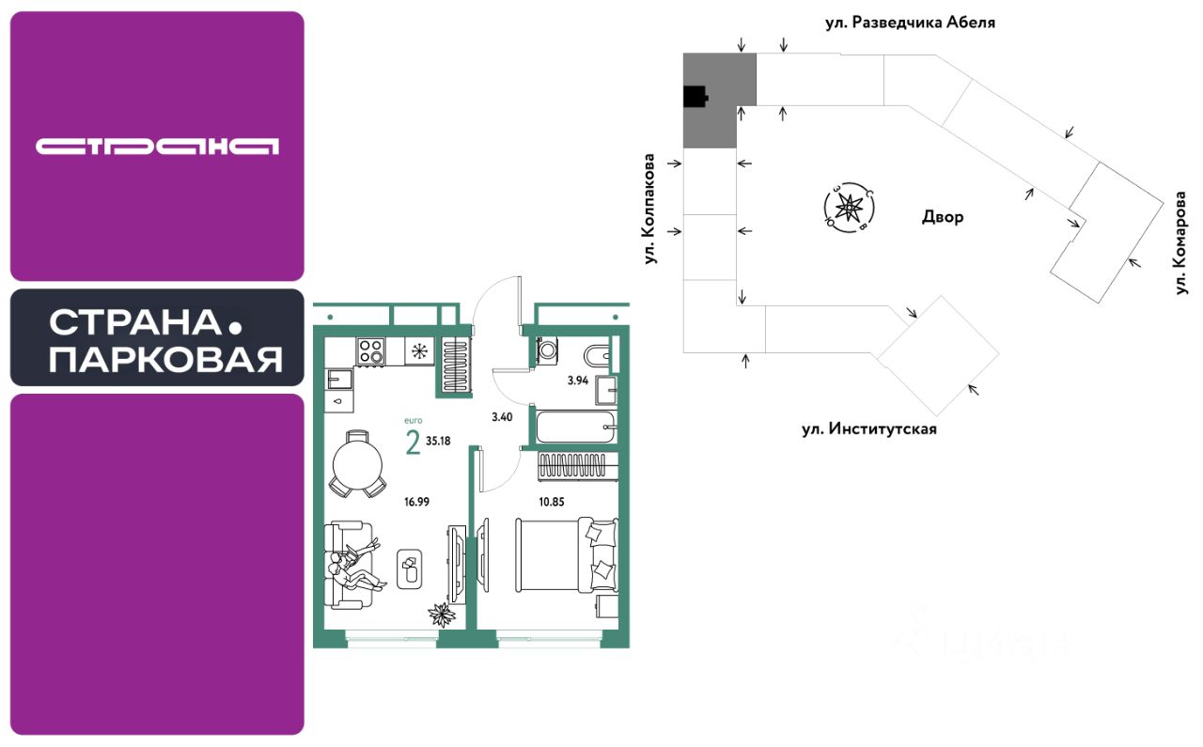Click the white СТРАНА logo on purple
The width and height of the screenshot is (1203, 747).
(x=157, y=146)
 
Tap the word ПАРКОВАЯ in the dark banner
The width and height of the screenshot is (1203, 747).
(x=165, y=359)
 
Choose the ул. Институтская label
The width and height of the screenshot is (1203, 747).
(x=869, y=429)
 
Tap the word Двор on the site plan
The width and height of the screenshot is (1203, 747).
(x=943, y=217)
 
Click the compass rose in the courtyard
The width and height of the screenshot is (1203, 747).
(x=849, y=207)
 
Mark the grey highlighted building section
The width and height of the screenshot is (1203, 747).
(x=719, y=99)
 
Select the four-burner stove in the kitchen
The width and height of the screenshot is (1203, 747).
(x=370, y=350)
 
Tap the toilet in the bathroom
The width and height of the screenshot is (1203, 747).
(x=597, y=355)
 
